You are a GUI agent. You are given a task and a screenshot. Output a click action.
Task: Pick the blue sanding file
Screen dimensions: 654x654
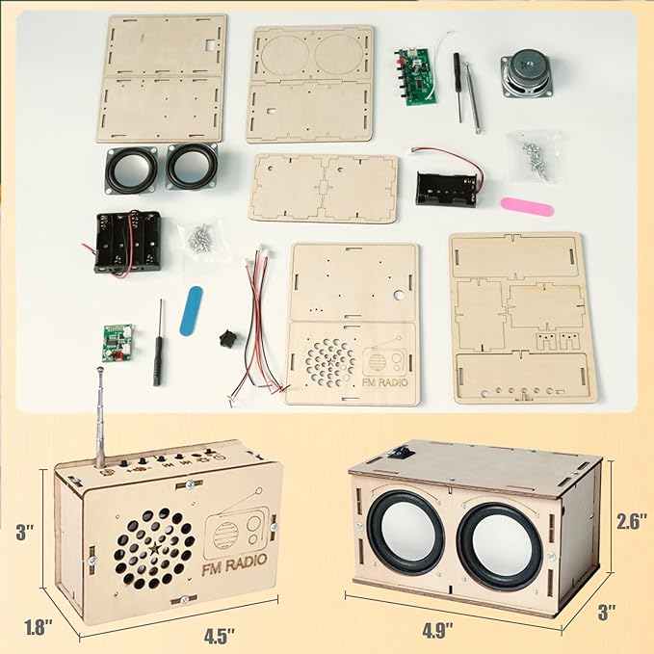[193, 311]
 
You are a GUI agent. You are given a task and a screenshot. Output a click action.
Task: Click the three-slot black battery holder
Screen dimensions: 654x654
[126, 242]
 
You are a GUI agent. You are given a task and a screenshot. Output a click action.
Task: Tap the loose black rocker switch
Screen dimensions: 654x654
[227, 342]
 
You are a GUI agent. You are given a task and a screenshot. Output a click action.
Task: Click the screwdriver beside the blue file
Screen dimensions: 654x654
[159, 342]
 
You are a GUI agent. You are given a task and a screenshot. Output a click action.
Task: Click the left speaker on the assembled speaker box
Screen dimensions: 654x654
[405, 533]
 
